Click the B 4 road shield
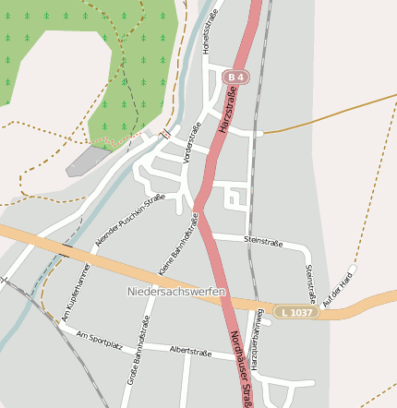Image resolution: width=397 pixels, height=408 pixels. coord(236,78)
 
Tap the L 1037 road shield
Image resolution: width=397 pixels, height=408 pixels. coord(296,313)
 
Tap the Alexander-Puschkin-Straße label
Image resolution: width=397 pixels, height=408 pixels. coord(129,221)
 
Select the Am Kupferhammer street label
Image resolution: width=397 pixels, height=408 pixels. coord(76,292)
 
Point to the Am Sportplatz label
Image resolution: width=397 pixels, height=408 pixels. coord(100,339)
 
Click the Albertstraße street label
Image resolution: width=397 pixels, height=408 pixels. coord(191,351)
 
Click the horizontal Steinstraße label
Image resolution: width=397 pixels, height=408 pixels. coord(262,240)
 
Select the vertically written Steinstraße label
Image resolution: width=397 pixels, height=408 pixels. coord(310,284)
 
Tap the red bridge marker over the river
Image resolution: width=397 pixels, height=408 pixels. coord(165,134)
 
